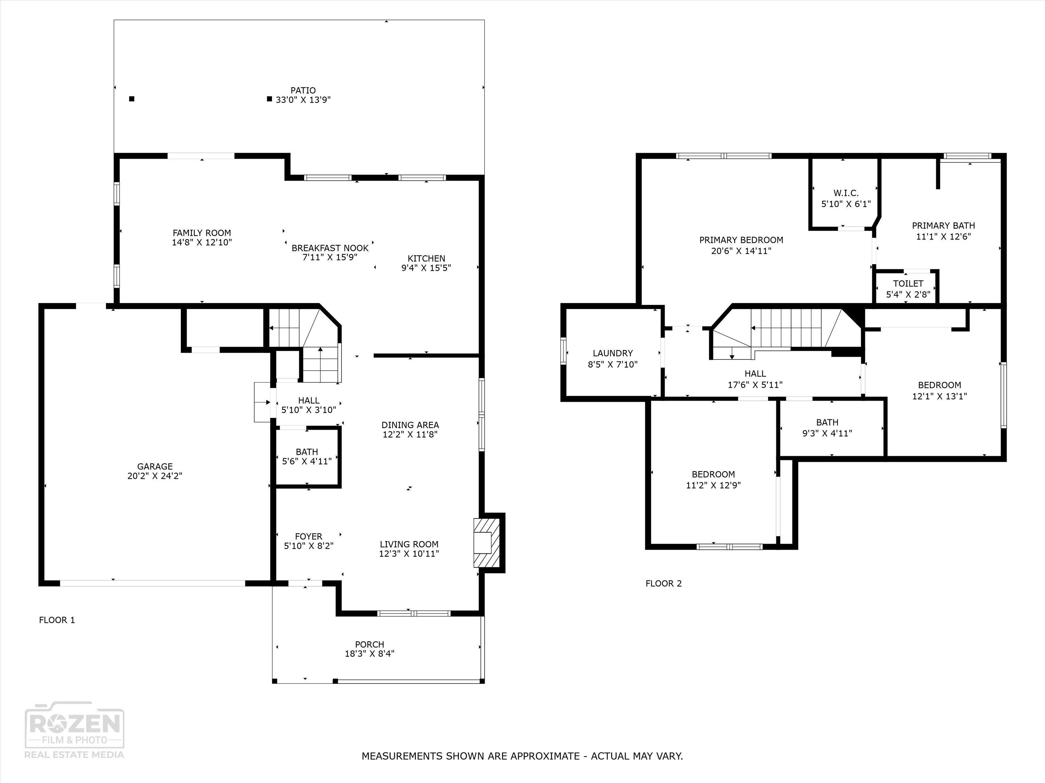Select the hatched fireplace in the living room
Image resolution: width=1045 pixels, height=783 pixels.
point(486,543)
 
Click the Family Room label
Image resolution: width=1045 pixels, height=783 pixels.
point(202,233)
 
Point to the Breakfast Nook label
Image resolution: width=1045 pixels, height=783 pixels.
point(330,248)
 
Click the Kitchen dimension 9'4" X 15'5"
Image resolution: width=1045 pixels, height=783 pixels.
point(426,268)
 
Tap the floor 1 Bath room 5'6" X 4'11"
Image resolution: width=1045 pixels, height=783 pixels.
point(307,456)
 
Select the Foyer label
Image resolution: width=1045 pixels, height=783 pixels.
point(309,537)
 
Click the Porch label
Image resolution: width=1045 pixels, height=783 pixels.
point(370,644)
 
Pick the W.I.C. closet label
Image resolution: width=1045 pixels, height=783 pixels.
point(846,193)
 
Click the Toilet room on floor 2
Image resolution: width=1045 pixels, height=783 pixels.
point(907,288)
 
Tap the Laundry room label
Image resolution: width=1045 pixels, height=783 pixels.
point(612,353)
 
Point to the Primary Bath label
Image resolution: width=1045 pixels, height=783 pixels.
point(943,226)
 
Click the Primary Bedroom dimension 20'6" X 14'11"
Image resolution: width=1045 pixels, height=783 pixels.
point(741,251)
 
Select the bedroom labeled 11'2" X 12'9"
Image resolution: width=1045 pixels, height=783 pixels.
point(713,479)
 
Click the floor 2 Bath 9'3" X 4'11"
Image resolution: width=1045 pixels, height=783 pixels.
point(827,428)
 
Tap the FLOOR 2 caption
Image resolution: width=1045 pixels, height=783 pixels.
point(663,583)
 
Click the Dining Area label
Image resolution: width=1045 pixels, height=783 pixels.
point(410,425)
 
